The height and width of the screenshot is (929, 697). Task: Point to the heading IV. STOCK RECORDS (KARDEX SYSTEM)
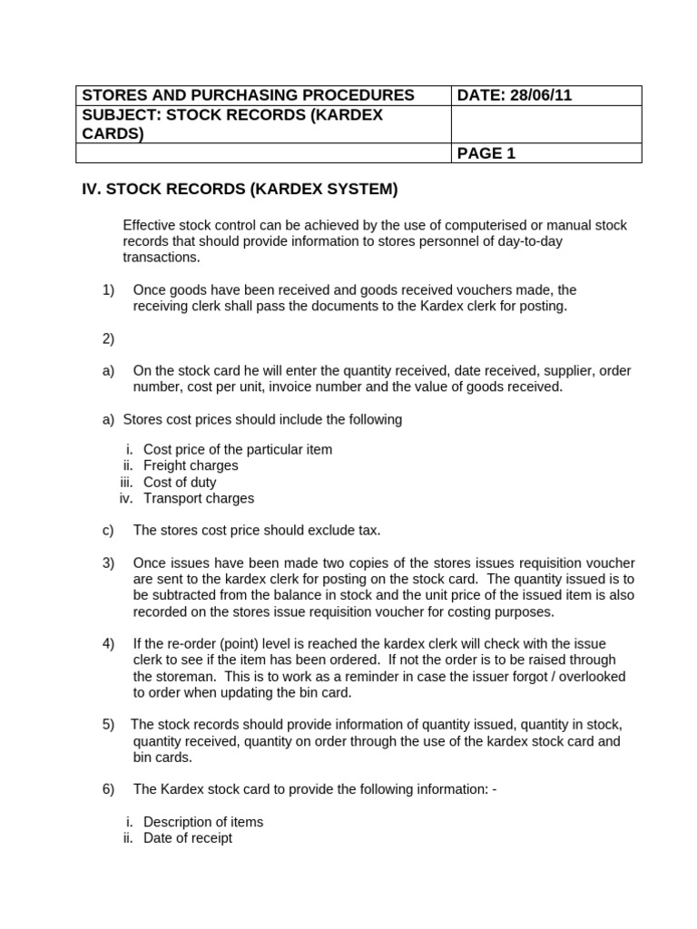pos(241,190)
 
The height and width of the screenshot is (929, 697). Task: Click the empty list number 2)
pos(108,338)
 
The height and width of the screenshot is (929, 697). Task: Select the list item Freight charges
pos(191,465)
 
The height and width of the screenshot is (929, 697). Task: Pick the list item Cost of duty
pos(180,482)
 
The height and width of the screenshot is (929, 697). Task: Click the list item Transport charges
pos(199,498)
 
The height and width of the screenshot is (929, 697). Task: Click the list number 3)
pos(108,562)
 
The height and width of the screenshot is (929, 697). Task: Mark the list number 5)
pos(108,724)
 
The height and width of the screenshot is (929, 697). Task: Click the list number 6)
pos(108,789)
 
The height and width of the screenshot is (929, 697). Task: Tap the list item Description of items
pos(203,822)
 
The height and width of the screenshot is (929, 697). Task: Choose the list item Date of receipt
pos(188,838)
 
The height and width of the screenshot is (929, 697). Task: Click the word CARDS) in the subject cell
pos(113,134)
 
